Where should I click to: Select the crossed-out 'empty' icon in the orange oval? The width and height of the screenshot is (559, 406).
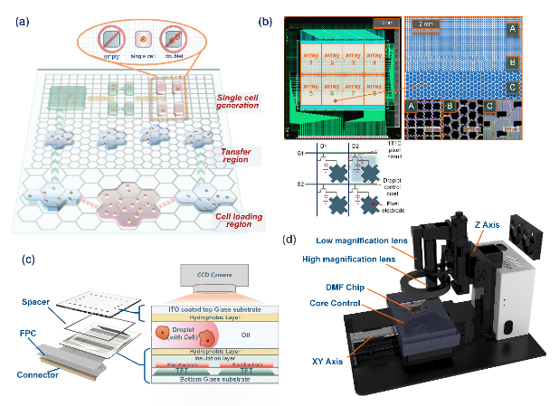[x=111, y=41]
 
